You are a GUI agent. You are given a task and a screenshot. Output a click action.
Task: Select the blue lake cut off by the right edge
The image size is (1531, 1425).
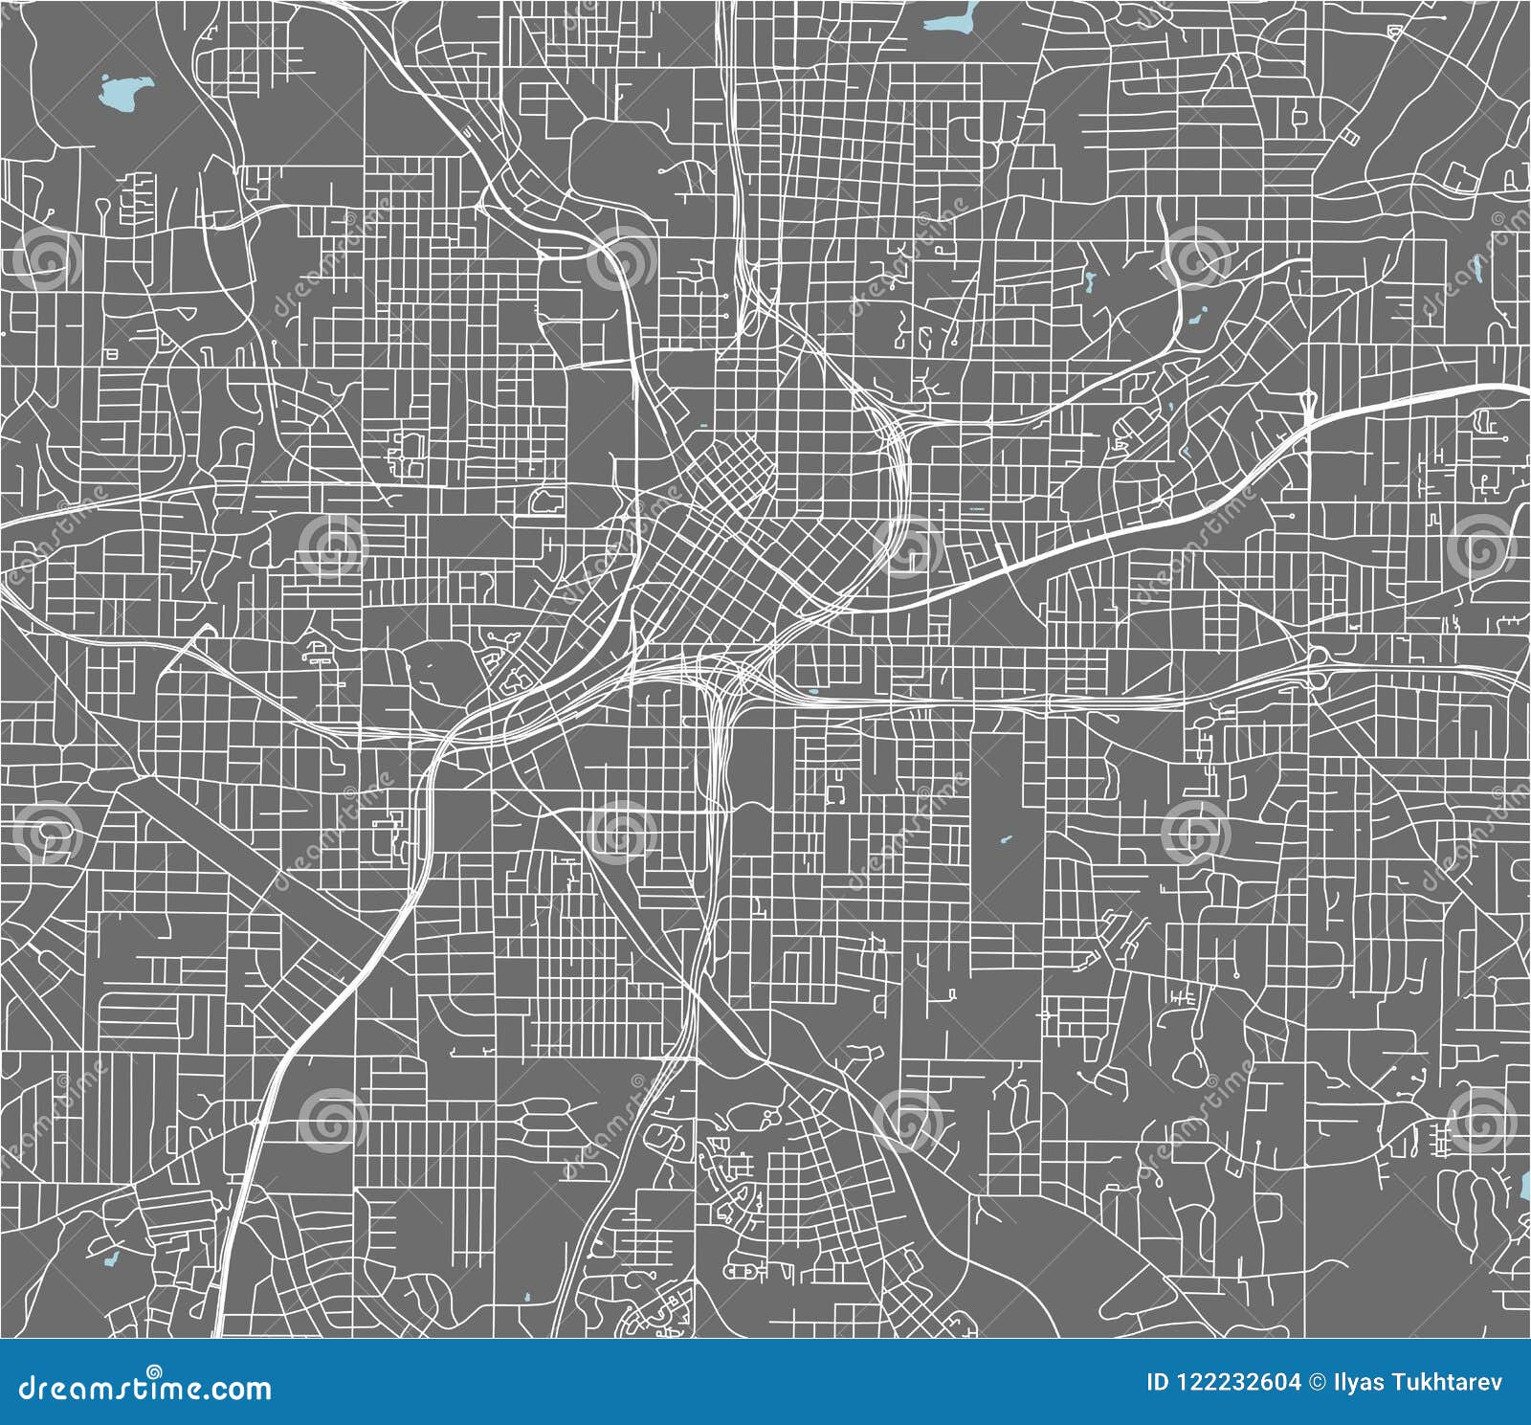[1525, 1187]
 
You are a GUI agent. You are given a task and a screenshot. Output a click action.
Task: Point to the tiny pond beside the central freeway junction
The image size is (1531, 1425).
[814, 691]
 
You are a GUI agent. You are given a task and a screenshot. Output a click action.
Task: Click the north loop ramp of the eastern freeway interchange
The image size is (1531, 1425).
[1319, 655]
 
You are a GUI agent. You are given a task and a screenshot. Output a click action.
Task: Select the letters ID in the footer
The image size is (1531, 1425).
[1157, 1382]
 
